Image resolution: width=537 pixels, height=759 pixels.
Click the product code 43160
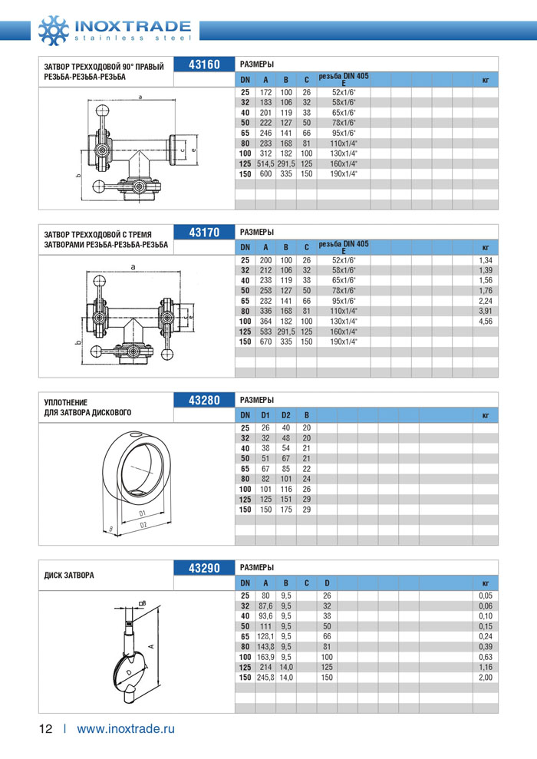pyautogui.click(x=203, y=64)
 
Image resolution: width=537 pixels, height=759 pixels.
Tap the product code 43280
pyautogui.click(x=203, y=401)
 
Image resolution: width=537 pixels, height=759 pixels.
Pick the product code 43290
pyautogui.click(x=203, y=569)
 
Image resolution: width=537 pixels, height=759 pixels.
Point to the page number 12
pyautogui.click(x=46, y=728)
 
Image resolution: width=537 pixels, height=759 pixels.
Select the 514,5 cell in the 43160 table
pyautogui.click(x=265, y=163)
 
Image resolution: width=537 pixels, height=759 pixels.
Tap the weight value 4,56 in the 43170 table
pyautogui.click(x=485, y=322)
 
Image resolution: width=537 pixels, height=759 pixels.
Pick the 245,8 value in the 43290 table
pyautogui.click(x=265, y=678)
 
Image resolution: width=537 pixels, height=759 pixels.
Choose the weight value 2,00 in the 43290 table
pyautogui.click(x=485, y=678)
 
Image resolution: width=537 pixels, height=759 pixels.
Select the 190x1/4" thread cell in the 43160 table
pyautogui.click(x=344, y=174)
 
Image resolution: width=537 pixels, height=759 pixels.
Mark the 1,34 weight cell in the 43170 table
pyautogui.click(x=485, y=260)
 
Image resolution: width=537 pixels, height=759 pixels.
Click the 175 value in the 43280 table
pyautogui.click(x=285, y=510)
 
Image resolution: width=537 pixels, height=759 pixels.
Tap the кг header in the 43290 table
pyautogui.click(x=485, y=584)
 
